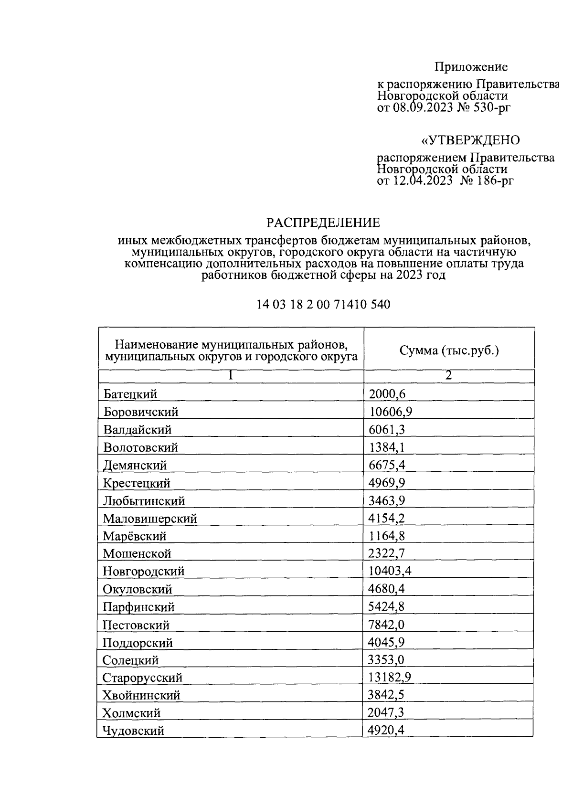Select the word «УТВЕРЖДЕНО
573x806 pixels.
(x=470, y=140)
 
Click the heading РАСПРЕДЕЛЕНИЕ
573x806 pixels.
(x=323, y=223)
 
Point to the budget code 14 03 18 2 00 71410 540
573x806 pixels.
(x=323, y=304)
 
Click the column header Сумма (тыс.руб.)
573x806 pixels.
(x=449, y=351)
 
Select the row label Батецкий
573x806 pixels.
(x=130, y=394)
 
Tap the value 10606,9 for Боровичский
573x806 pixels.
(x=387, y=412)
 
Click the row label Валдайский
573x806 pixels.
(x=138, y=429)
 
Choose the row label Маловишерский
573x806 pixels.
(x=150, y=518)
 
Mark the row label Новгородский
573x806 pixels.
(x=144, y=571)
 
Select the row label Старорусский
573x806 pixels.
(x=143, y=678)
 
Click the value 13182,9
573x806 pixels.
(x=390, y=678)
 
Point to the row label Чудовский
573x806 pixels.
(x=134, y=731)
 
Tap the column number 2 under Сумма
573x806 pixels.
(x=448, y=375)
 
